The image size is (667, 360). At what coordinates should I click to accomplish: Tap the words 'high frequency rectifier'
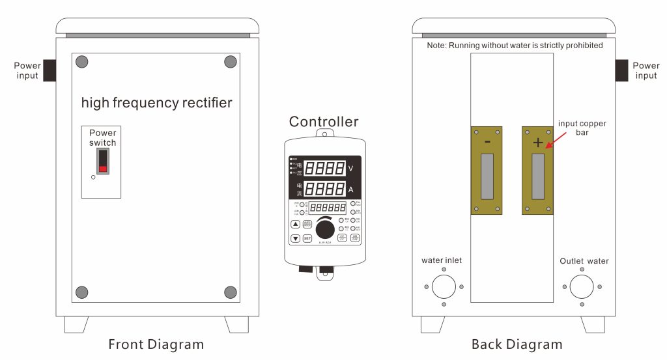[x=156, y=103]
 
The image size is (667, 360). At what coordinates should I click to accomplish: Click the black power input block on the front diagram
[x=49, y=70]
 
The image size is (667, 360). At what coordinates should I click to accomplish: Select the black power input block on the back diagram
[x=621, y=70]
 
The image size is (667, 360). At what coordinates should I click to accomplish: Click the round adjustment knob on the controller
[x=324, y=230]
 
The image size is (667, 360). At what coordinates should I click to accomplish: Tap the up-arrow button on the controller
[x=295, y=224]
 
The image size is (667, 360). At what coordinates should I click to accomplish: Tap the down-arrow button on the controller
[x=295, y=238]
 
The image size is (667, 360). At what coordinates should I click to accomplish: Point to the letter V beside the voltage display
[x=350, y=169]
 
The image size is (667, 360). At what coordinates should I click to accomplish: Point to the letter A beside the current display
[x=350, y=189]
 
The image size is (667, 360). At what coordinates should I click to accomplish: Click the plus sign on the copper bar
[x=537, y=143]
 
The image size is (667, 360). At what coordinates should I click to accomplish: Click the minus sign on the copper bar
[x=487, y=141]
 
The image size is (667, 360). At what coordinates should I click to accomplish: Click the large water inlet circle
[x=444, y=286]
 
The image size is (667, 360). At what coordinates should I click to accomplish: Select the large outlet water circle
[x=582, y=286]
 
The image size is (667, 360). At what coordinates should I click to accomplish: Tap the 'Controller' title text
[x=324, y=122]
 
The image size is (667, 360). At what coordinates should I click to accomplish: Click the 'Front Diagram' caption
[x=156, y=344]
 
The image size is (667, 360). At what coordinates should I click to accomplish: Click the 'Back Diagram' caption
[x=517, y=344]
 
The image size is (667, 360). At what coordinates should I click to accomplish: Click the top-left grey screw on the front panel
[x=82, y=62]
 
